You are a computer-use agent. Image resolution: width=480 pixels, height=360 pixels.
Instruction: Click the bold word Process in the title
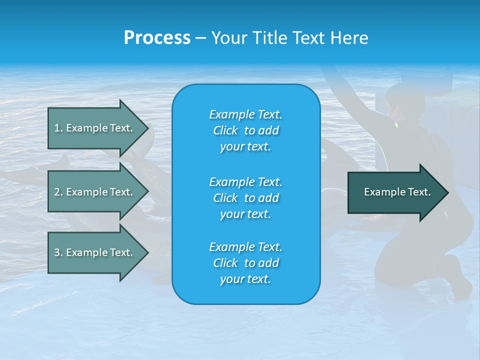[157, 38]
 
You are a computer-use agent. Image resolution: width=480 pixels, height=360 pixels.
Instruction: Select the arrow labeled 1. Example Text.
[95, 128]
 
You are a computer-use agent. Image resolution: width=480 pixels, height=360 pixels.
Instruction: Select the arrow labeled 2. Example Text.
[95, 192]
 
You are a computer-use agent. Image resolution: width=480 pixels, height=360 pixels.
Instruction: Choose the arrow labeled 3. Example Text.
[95, 252]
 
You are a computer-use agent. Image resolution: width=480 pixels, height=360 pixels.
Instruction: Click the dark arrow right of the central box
[395, 192]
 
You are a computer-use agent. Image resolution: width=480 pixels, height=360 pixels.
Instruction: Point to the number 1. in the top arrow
[58, 128]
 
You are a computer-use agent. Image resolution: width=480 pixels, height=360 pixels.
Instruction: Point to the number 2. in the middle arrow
[58, 192]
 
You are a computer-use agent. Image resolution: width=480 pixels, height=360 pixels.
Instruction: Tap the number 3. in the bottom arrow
[58, 252]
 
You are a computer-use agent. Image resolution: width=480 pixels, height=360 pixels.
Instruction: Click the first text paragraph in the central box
[245, 130]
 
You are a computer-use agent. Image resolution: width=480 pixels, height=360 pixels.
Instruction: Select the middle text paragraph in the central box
[245, 198]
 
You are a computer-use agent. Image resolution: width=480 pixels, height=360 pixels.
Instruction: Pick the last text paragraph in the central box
[245, 263]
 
